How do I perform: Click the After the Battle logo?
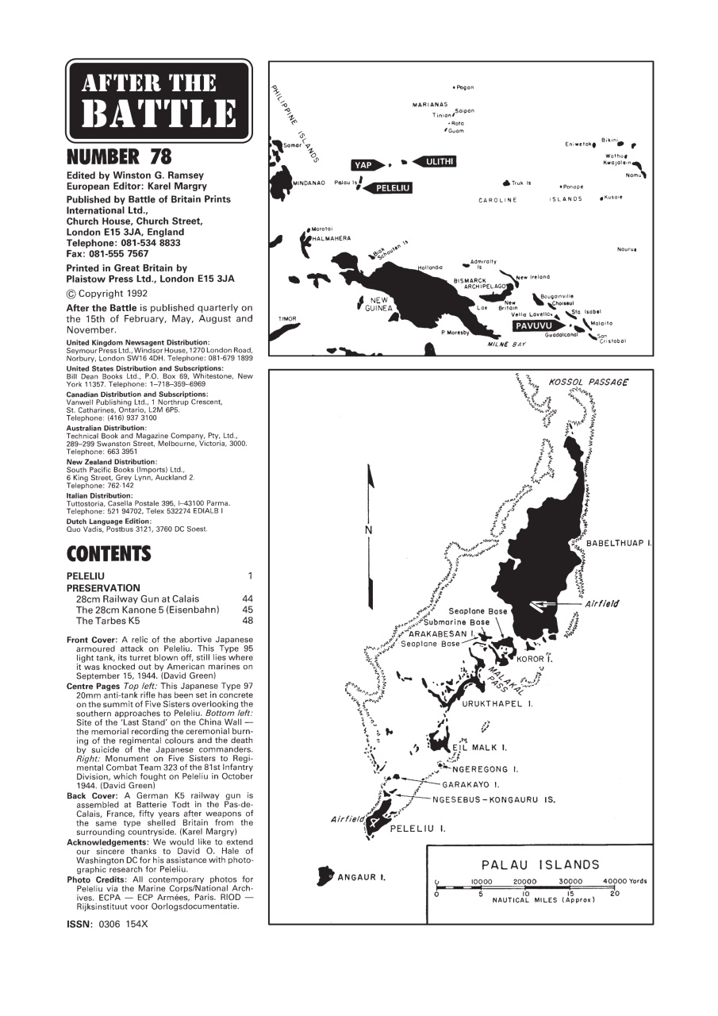click(159, 101)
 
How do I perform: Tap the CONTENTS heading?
click(109, 552)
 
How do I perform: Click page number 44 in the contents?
click(247, 598)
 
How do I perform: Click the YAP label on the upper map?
click(363, 165)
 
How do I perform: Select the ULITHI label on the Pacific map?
click(439, 161)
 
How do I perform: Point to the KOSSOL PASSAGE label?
click(588, 382)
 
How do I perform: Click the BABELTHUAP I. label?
click(619, 543)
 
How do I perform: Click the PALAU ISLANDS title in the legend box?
click(540, 864)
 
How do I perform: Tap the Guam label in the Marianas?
click(456, 131)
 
